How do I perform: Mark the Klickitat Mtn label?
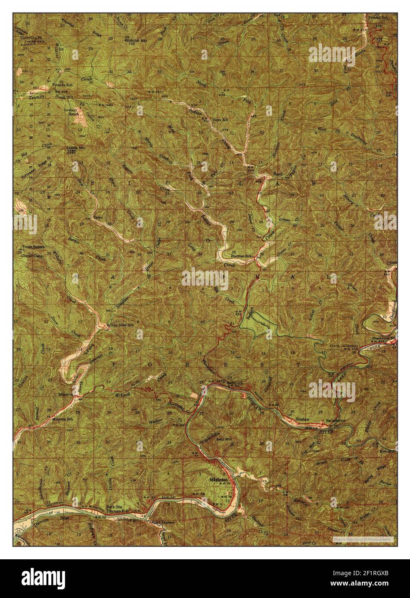(x=132, y=39)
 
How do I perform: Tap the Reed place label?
(x=278, y=174)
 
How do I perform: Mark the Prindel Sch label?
(x=378, y=18)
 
